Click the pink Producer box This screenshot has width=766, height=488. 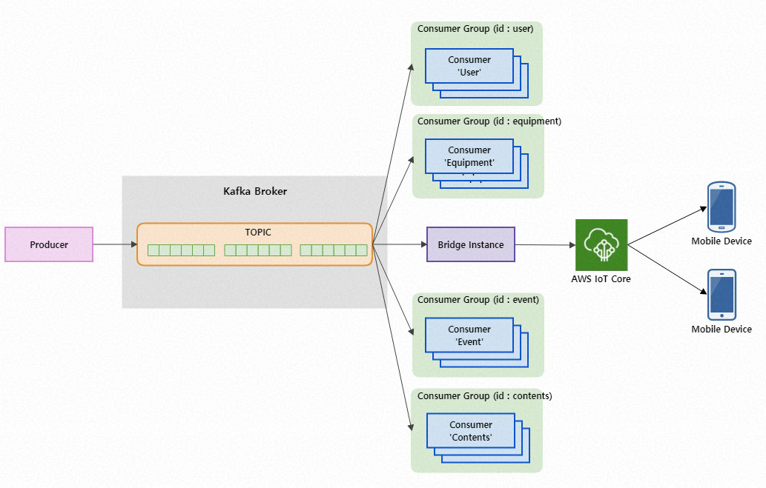pos(49,244)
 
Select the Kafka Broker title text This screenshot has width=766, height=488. pos(255,191)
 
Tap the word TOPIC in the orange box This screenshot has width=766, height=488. pos(258,232)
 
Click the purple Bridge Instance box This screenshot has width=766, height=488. pos(470,244)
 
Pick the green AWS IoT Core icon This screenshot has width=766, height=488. pos(601,245)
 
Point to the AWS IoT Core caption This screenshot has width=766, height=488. pos(601,278)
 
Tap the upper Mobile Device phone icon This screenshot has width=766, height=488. pos(722,206)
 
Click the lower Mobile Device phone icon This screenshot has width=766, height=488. pos(722,294)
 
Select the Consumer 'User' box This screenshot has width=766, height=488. pos(469,66)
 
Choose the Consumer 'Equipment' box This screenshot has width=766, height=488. pos(469,156)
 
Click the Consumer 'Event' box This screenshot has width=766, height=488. pos(469,335)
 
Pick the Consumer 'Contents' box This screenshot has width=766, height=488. pos(471,431)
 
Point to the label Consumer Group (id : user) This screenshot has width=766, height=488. pos(475,29)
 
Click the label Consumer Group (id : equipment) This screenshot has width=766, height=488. pos(489,121)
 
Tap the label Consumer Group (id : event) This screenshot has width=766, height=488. pos(478,299)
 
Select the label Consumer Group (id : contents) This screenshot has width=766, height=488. pos(485,395)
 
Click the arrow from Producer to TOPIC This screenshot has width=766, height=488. pos(115,244)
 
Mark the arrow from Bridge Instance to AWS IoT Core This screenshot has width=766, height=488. pos(545,245)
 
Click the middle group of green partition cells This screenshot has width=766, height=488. pos(258,250)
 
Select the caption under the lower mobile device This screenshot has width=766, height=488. pos(722,329)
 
